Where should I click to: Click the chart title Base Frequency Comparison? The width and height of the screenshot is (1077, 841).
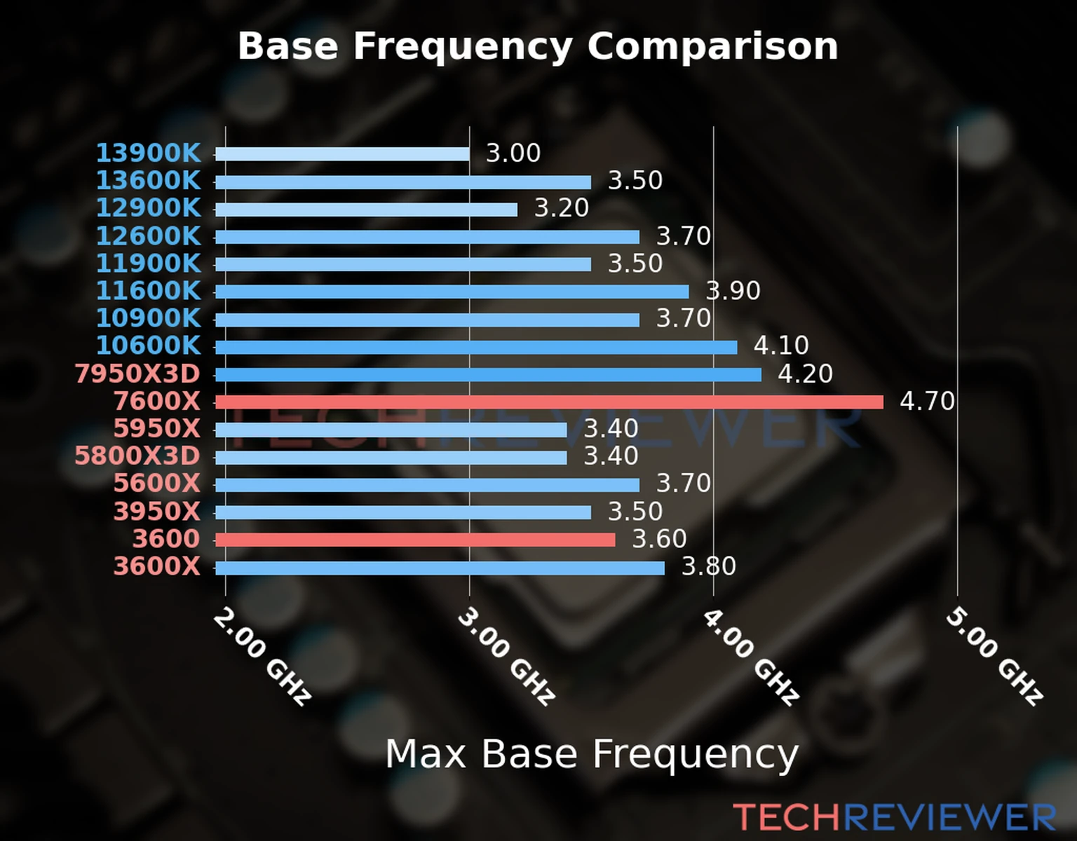click(538, 46)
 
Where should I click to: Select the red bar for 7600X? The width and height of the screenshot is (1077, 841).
click(549, 402)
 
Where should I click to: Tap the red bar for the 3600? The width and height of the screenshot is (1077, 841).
click(415, 540)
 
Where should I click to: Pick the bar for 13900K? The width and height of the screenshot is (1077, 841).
click(342, 154)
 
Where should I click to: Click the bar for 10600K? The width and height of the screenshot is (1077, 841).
click(476, 347)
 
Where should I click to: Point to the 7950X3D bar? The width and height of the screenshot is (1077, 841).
click(488, 374)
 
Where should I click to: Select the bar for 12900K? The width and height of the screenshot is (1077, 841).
click(366, 210)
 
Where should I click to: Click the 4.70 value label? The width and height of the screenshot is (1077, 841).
click(927, 402)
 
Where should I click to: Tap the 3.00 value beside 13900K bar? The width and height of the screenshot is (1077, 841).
click(513, 153)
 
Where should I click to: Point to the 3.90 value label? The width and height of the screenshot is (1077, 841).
click(733, 291)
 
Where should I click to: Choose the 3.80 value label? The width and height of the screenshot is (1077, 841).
click(709, 566)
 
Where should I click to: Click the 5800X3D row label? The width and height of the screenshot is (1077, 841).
click(137, 456)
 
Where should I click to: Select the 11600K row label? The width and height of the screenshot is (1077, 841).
click(148, 291)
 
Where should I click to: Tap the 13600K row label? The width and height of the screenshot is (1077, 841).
click(148, 181)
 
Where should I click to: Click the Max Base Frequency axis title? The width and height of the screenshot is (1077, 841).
click(592, 755)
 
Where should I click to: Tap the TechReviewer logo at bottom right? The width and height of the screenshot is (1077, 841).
click(894, 818)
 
